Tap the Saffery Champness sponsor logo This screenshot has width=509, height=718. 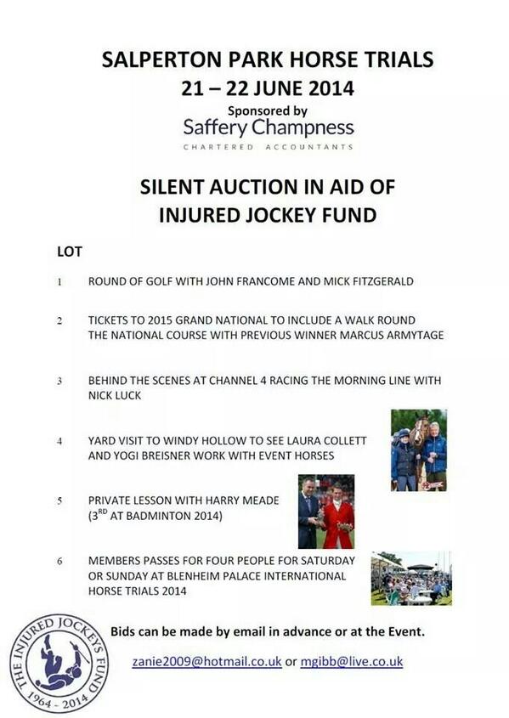[x=268, y=127]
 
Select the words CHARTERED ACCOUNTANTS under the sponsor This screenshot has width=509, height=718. [x=268, y=147]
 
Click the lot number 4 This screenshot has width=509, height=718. [x=59, y=442]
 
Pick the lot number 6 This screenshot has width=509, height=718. [x=59, y=562]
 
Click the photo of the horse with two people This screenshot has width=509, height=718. [x=418, y=449]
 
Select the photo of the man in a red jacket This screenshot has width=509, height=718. [x=325, y=512]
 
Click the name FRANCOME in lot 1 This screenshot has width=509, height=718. [x=246, y=282]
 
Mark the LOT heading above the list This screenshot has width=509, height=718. [x=70, y=252]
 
